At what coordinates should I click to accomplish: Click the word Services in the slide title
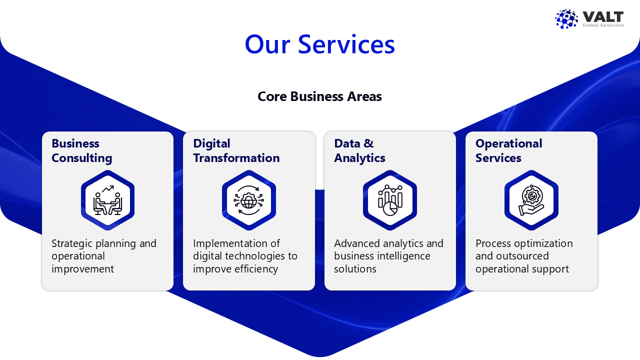346,44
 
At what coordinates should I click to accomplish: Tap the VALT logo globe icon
566,19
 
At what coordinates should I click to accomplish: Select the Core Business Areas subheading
319,96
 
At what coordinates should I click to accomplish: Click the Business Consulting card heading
81,150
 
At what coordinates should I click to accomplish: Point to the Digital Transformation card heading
236,150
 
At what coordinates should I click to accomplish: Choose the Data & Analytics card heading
359,150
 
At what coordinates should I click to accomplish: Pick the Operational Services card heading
509,150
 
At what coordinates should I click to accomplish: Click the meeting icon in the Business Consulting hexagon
107,200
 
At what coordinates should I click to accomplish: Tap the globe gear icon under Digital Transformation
249,200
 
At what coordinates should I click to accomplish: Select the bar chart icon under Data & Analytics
390,200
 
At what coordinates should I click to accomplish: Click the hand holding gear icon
531,200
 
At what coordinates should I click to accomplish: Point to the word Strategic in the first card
72,243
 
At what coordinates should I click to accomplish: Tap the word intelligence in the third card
403,256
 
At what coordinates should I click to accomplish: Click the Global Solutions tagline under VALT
603,25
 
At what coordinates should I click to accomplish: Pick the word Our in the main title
267,44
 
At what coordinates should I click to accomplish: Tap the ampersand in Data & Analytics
368,143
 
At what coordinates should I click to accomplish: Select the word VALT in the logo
603,16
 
